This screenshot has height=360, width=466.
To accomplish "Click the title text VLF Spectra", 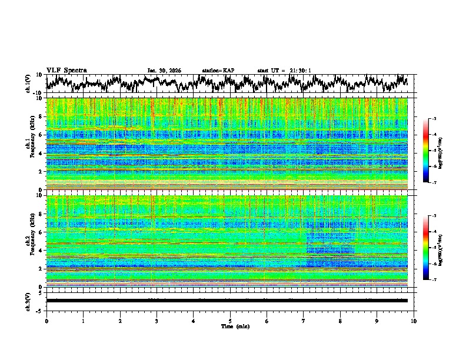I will (66, 70).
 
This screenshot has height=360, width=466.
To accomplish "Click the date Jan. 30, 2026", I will (164, 71).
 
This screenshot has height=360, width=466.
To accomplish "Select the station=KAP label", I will (218, 71).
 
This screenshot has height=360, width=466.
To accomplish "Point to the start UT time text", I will (284, 71).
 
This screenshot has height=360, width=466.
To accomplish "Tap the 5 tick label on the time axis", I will (230, 321).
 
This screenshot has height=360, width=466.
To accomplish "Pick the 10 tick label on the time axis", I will (414, 321).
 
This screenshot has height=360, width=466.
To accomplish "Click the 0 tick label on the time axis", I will (46, 321).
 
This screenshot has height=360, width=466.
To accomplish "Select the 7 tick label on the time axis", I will (304, 321).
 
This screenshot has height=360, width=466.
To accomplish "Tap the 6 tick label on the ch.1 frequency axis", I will (41, 135).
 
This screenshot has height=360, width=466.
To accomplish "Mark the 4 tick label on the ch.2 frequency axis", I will (41, 250).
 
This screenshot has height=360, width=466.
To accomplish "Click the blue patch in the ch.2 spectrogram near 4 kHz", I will (329, 249).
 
